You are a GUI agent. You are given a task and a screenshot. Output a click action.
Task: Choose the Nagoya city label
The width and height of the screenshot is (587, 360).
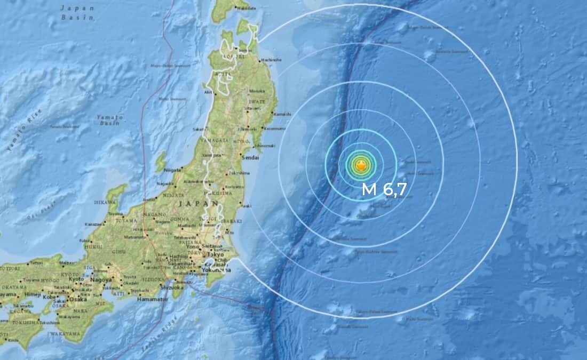click(101, 279)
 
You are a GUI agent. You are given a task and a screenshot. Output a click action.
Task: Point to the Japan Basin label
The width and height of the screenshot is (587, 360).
click(77, 12)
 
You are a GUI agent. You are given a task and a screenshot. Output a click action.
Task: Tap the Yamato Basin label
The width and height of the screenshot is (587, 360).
click(110, 119)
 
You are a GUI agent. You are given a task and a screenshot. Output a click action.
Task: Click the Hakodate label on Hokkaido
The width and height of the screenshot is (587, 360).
click(243, 9)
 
